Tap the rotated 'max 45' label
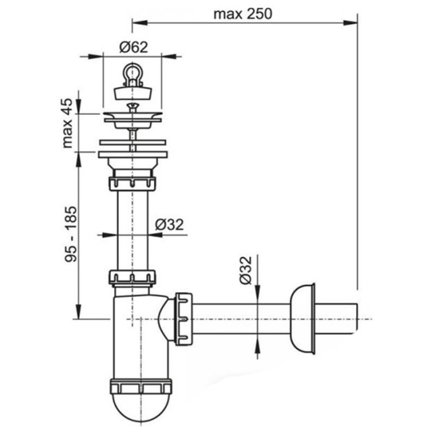[68, 124]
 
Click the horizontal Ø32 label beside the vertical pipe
[169, 224]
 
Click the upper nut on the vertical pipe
[132, 183]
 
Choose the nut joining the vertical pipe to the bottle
[132, 278]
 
